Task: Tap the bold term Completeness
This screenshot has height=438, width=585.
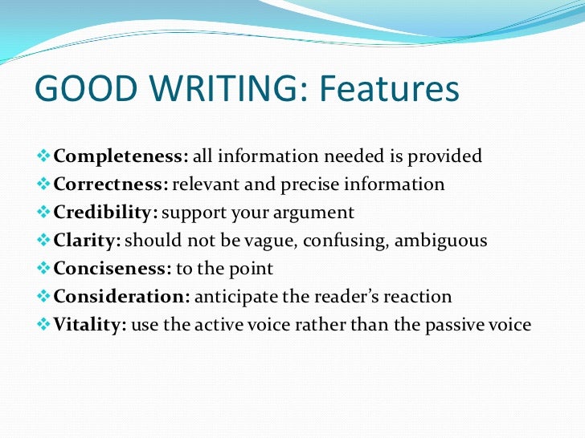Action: [121, 156]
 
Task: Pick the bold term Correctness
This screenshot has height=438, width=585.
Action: [111, 184]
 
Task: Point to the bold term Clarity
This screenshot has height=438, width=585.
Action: [88, 240]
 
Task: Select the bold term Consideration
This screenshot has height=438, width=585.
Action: [121, 296]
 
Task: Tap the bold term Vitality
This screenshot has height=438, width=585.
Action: [90, 325]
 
